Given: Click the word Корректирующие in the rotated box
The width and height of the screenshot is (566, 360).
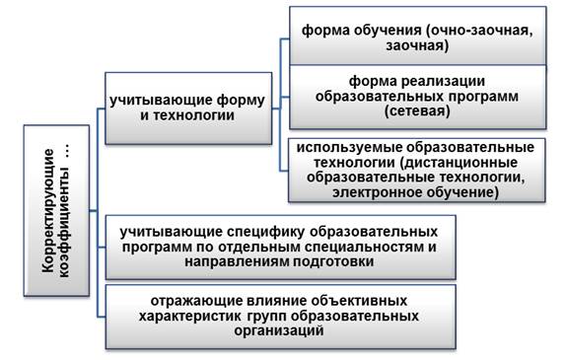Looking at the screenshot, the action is [48, 210].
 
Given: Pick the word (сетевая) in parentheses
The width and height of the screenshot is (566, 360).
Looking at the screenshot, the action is [417, 110].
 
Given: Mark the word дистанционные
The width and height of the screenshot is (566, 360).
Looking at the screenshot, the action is [459, 163].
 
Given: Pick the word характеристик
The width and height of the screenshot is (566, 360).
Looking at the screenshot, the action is [190, 316].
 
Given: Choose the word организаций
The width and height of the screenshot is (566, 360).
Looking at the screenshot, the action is [279, 330].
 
